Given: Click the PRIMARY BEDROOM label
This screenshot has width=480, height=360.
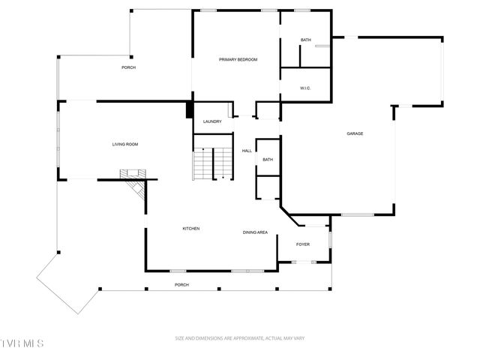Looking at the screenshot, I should click(x=238, y=59).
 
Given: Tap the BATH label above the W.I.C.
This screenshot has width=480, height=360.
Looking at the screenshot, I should click(x=305, y=40).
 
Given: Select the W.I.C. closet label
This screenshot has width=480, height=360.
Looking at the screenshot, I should click(x=305, y=88).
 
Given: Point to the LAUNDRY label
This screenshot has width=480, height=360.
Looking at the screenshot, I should click(x=212, y=121).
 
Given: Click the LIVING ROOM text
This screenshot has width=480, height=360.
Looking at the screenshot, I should click(x=125, y=144).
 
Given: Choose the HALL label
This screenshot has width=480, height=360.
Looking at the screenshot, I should click(x=246, y=151).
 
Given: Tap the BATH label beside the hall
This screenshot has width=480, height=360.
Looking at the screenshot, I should click(x=268, y=159).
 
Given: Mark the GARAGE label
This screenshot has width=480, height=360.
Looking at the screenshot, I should click(x=355, y=133).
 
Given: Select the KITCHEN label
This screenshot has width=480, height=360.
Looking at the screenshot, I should click(x=191, y=228).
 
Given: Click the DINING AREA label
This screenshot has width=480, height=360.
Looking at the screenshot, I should click(x=255, y=232).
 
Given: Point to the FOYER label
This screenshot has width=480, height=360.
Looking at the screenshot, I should click(x=303, y=244).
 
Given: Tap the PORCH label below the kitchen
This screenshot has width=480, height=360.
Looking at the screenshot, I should click(x=181, y=285).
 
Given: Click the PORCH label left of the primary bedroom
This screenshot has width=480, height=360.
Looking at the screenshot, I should click(x=128, y=67).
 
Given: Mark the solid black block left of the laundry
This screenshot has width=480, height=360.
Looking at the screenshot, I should click(x=189, y=109).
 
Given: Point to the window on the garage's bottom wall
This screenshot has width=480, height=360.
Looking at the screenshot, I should click(x=357, y=215).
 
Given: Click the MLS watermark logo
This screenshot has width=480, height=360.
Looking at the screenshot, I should click(x=22, y=343).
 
